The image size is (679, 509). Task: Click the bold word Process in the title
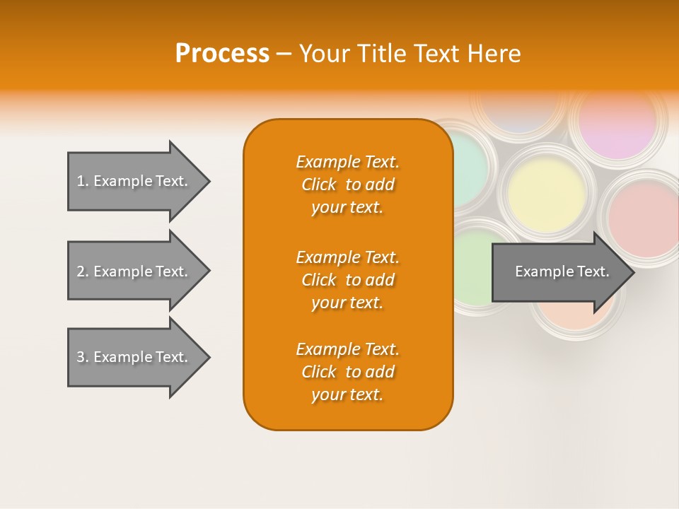tap(222, 54)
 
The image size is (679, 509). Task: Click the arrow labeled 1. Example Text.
tap(132, 181)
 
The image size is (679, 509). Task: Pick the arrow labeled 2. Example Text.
tap(132, 271)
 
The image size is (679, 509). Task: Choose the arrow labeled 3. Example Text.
tap(132, 357)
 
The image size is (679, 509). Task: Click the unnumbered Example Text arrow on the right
tap(559, 271)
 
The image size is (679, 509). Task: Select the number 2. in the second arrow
tap(83, 271)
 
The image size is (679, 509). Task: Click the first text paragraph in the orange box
tap(347, 185)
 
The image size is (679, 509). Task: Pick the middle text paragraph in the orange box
tap(347, 280)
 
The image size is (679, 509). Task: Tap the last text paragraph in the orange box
tap(347, 372)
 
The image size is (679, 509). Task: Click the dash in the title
tap(284, 54)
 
